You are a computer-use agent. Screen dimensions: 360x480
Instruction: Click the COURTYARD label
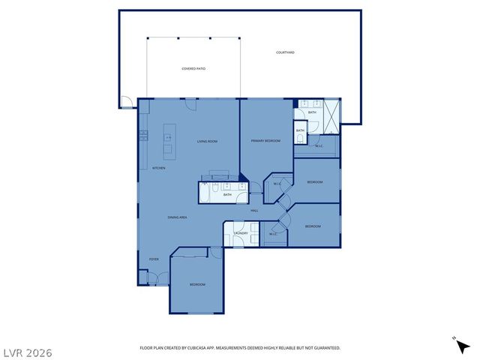click(285, 52)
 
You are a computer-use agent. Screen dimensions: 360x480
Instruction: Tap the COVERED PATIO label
click(193, 68)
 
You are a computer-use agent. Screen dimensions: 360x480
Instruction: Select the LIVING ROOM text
click(207, 141)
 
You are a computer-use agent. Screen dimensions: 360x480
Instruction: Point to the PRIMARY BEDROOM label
click(265, 141)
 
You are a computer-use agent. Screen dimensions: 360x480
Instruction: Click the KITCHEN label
click(159, 168)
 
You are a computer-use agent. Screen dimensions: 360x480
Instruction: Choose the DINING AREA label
click(177, 217)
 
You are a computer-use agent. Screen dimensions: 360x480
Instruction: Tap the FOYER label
click(154, 259)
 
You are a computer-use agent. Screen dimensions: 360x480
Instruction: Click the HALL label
click(254, 211)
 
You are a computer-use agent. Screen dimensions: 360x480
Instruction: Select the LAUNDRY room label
click(241, 234)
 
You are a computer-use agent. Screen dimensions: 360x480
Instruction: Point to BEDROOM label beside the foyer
click(197, 284)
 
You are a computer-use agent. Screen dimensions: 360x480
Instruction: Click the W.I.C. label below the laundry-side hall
click(273, 234)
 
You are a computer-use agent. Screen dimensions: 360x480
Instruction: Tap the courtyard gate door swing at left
click(127, 103)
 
